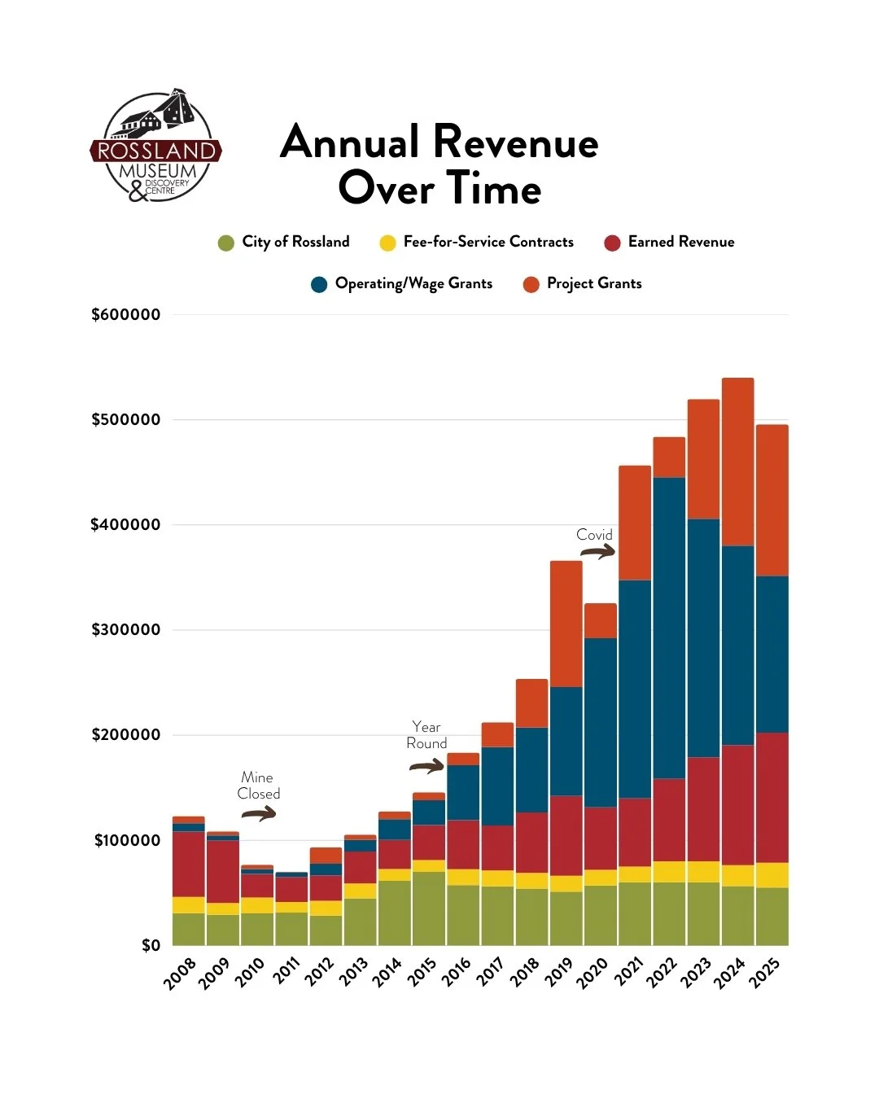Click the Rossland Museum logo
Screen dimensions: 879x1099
[x=155, y=145]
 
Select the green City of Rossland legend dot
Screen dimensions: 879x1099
[x=225, y=243]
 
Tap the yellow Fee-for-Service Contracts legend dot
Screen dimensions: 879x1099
[x=387, y=243]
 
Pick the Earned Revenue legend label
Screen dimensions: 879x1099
[x=681, y=242]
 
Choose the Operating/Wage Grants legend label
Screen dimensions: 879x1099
[x=413, y=284]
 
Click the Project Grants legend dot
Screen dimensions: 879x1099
[x=531, y=284]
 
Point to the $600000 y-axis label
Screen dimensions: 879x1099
[x=125, y=314]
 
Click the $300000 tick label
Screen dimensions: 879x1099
[x=125, y=629]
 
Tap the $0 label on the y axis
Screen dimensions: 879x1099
[x=151, y=945]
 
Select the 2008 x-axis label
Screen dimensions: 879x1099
[x=180, y=974]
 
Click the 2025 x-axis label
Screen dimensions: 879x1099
[x=764, y=974]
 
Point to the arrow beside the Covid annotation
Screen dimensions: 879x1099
[x=597, y=550]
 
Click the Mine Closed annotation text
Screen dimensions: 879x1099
[x=259, y=786]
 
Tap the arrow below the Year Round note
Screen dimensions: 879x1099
[x=426, y=765]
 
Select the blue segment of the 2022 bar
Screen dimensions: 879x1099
[x=669, y=628]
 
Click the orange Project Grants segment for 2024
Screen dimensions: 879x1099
[x=737, y=462]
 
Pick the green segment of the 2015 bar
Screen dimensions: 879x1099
[x=429, y=909]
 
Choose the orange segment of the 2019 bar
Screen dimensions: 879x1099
[x=566, y=624]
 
